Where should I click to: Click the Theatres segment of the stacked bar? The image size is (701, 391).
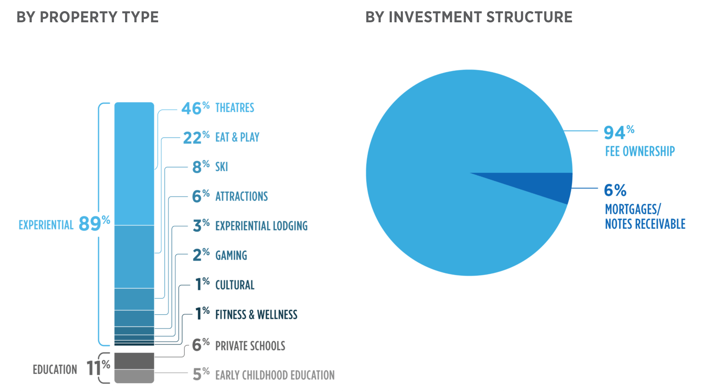coord(134,164)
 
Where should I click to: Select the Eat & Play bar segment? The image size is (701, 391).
coord(134,257)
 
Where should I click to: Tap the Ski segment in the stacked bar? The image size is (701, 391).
coord(134,299)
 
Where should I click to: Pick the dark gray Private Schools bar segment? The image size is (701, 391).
coord(134,361)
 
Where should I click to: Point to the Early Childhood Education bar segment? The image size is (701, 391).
coord(134,376)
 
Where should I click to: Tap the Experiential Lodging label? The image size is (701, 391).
coord(261,226)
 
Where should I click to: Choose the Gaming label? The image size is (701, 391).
coord(231,256)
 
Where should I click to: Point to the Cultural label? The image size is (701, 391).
coord(235,285)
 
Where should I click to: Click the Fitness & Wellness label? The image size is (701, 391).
coord(256,315)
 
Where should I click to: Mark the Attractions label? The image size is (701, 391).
coord(242,197)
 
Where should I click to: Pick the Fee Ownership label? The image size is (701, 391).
coord(640,151)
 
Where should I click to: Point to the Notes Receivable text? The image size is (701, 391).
coord(645,224)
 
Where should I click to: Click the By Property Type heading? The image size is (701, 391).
coord(88,17)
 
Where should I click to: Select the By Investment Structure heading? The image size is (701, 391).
coord(469,17)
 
